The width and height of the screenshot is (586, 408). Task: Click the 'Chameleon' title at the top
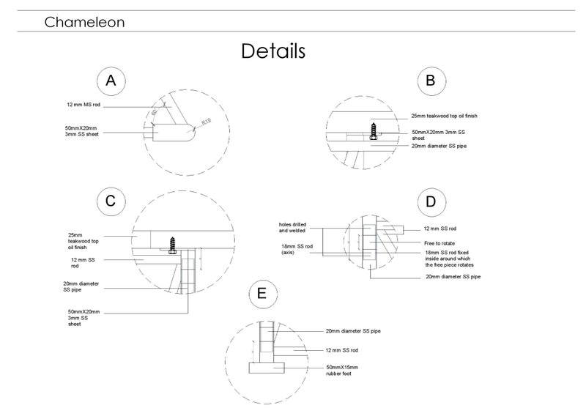click(84, 22)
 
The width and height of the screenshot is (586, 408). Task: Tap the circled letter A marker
click(111, 81)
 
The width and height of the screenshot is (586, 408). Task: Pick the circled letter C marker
click(111, 200)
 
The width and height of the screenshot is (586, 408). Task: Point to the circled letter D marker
click(430, 201)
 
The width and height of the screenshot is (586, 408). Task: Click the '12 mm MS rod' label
click(82, 105)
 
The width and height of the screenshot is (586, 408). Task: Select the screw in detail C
click(173, 245)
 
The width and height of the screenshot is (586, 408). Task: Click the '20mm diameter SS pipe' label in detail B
click(438, 146)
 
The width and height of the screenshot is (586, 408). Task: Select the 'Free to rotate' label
click(439, 242)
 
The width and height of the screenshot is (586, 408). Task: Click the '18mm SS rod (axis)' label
click(300, 250)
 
